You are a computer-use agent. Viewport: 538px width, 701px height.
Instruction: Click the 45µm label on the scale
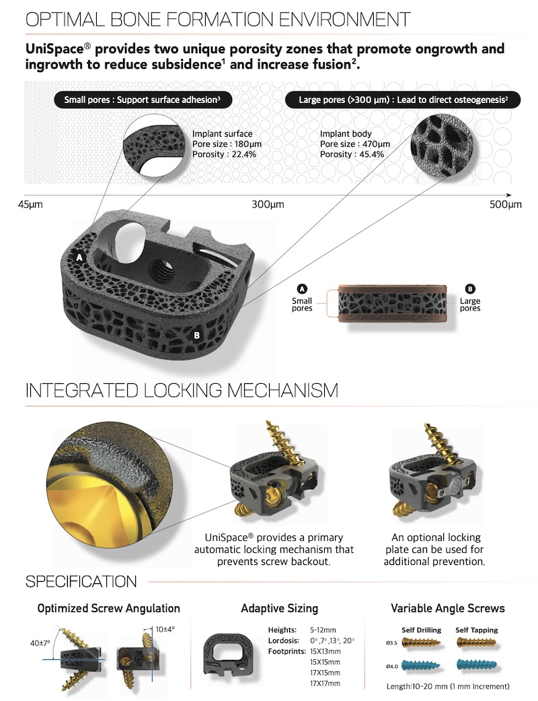[30, 205]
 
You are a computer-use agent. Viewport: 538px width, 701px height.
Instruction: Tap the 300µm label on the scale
[268, 205]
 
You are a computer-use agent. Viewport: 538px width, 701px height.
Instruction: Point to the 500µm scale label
[506, 205]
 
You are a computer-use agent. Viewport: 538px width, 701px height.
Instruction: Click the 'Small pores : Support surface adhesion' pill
[143, 100]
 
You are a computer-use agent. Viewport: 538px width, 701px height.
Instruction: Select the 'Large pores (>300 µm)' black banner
[403, 100]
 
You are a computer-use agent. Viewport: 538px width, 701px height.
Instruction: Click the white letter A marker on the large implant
[79, 257]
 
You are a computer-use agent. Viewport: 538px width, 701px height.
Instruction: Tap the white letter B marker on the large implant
[196, 335]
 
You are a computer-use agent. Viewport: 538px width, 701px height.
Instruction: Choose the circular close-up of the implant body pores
[442, 144]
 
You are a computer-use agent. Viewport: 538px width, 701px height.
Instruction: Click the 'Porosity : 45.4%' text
[352, 154]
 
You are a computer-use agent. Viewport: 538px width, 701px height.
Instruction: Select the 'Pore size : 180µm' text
[227, 144]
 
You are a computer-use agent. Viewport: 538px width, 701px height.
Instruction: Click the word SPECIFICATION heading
[81, 582]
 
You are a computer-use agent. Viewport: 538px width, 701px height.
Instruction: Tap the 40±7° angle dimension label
[40, 643]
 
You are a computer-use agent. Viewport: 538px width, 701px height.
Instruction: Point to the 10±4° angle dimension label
[165, 630]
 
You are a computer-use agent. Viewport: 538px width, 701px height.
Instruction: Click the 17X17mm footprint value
[325, 683]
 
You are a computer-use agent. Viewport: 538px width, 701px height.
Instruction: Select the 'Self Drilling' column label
[421, 630]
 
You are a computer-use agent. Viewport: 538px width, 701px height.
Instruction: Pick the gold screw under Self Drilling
[421, 643]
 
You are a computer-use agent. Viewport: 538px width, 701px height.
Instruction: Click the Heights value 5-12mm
[323, 630]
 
